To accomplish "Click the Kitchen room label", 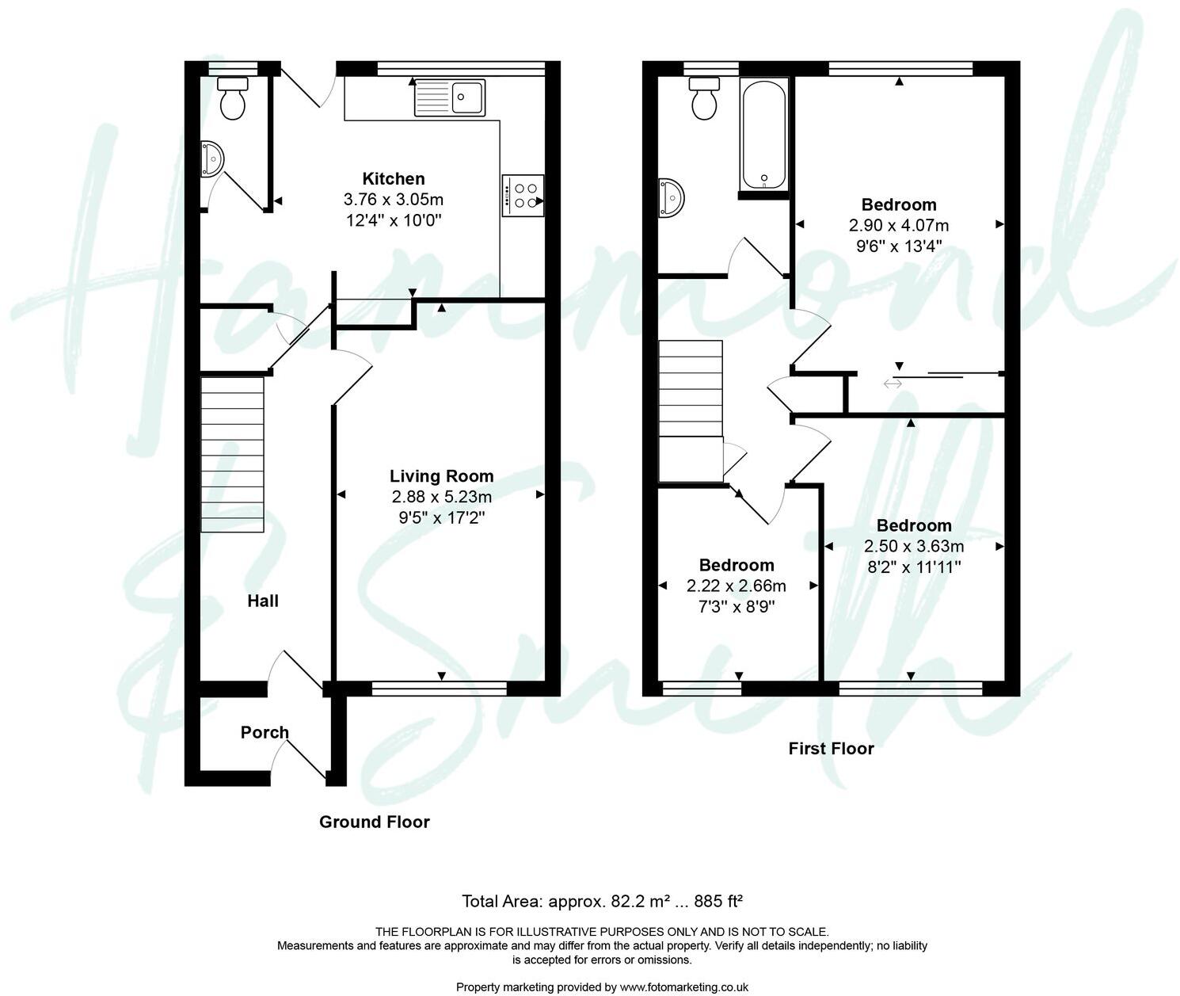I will (x=393, y=178).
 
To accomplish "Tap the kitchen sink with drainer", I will (x=449, y=97).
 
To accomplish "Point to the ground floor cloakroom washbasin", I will (x=211, y=158).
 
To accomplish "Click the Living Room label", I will (x=441, y=475).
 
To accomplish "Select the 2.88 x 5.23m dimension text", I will (x=441, y=497).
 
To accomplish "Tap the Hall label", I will (x=262, y=601).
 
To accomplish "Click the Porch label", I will (x=265, y=732).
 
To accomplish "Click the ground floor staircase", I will (x=232, y=454).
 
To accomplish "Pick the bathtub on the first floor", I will (x=763, y=135).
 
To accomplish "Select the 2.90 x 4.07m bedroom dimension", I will (x=899, y=225).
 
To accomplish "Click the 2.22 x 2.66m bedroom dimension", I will (x=736, y=586).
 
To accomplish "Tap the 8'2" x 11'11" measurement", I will (x=914, y=567).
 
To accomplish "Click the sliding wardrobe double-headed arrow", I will (x=893, y=384).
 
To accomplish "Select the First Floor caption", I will (x=831, y=748).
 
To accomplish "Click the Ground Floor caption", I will (x=374, y=822).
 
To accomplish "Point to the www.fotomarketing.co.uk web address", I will (x=684, y=986).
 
